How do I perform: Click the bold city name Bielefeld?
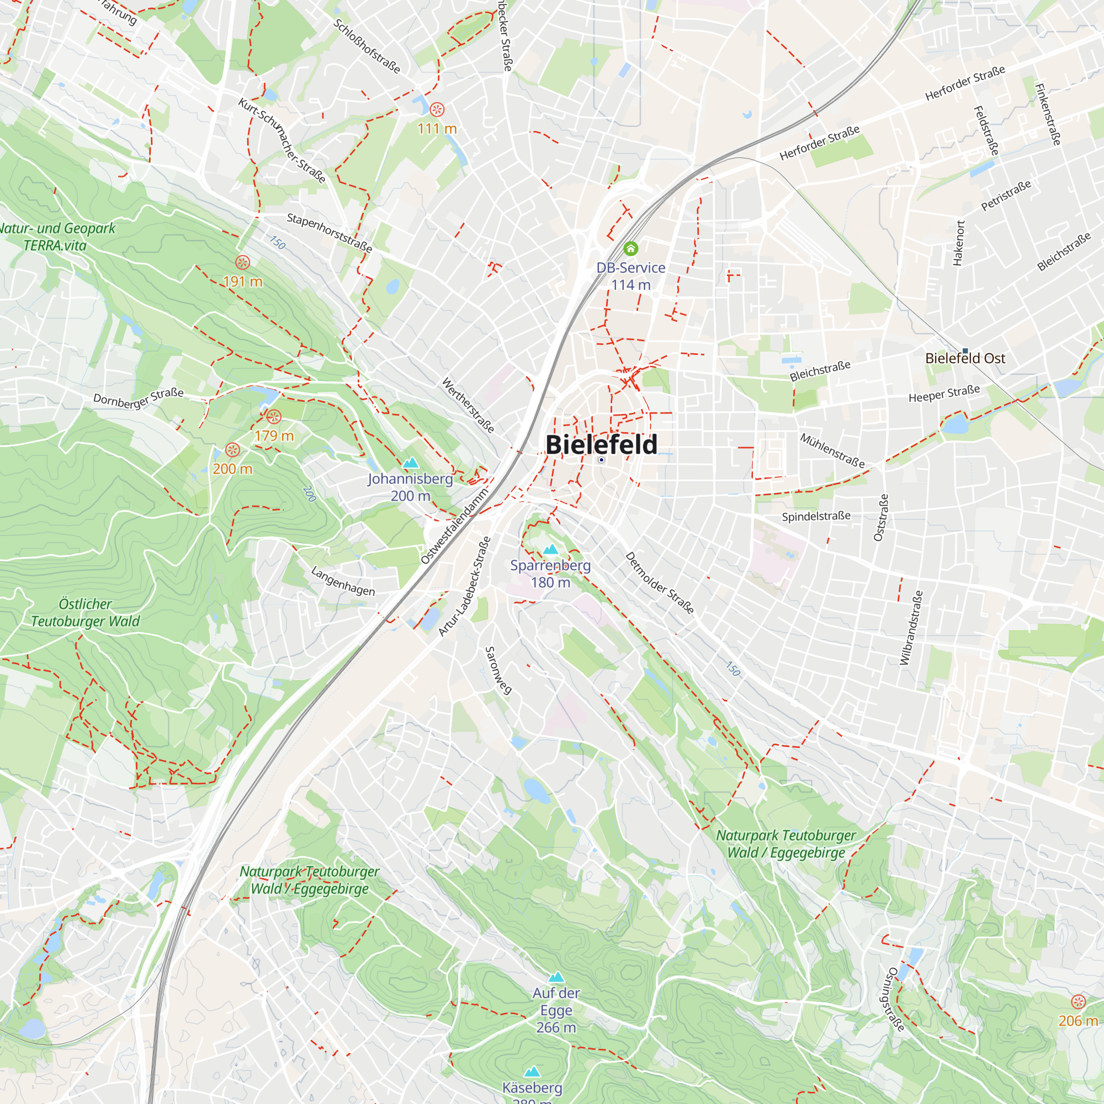[x=601, y=444]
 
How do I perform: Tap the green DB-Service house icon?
[x=630, y=248]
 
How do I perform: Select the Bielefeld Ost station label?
[x=964, y=358]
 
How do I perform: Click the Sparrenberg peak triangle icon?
[x=550, y=550]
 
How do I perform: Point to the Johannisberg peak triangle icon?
[x=410, y=463]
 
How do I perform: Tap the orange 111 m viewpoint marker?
[x=437, y=109]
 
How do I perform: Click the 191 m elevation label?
[x=243, y=282]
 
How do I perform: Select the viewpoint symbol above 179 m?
[x=274, y=417]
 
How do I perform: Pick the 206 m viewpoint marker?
[x=1078, y=1002]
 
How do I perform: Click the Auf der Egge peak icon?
[x=556, y=978]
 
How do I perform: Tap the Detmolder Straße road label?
[x=660, y=583]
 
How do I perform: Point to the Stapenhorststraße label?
[x=329, y=232]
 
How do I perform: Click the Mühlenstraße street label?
[x=831, y=450]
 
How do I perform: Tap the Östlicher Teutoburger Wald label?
[x=85, y=613]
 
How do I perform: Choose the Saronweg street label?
[x=498, y=670]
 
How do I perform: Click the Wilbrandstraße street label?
[x=911, y=628]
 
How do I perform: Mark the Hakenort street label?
[x=959, y=243]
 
